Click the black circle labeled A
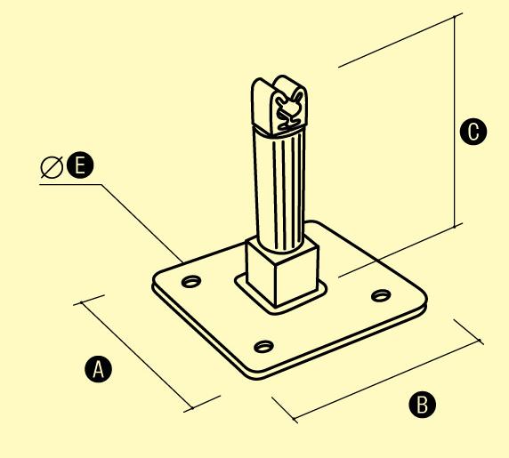pos(98,369)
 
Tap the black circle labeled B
pos(422,404)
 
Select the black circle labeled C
pos(473,132)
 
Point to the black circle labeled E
pos(80,165)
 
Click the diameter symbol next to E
pos(52,166)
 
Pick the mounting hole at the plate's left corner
pos(191,281)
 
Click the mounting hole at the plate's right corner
pos(381,295)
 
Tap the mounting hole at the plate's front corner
pos(263,346)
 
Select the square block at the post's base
pos(281,272)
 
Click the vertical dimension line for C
pos(455,121)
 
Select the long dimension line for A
pos(137,355)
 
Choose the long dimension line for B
pos(387,380)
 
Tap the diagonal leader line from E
pos(142,223)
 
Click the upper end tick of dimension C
pos(455,17)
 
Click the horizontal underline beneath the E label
pos(70,185)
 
